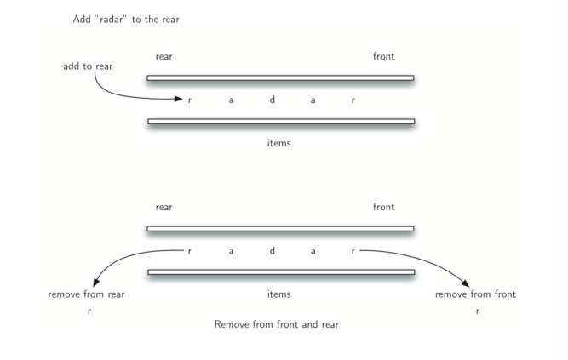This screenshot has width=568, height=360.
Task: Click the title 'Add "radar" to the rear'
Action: point(126,19)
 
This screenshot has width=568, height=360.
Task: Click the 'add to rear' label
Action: point(88,66)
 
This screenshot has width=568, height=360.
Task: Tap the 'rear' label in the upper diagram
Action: point(164,57)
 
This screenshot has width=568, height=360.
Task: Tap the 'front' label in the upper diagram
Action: point(383,57)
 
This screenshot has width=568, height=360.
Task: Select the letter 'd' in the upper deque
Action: point(273,100)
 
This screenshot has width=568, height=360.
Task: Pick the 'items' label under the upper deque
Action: point(278,143)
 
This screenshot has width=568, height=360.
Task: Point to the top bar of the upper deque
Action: point(280,78)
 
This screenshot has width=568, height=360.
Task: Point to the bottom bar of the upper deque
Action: point(280,122)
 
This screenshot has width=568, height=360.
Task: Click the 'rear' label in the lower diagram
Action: point(164,207)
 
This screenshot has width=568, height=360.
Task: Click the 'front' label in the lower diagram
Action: point(383,207)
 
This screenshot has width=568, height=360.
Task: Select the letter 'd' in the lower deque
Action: point(273,251)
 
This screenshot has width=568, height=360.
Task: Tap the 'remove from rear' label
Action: point(87,294)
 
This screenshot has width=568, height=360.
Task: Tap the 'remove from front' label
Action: point(475,294)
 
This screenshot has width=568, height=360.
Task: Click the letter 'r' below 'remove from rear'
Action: point(89,311)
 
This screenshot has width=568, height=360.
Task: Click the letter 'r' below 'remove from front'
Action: point(477,311)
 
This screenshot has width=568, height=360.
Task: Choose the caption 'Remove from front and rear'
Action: point(277,324)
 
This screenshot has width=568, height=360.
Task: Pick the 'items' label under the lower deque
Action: point(278,294)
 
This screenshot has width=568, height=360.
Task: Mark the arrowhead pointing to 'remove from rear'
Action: point(96,283)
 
